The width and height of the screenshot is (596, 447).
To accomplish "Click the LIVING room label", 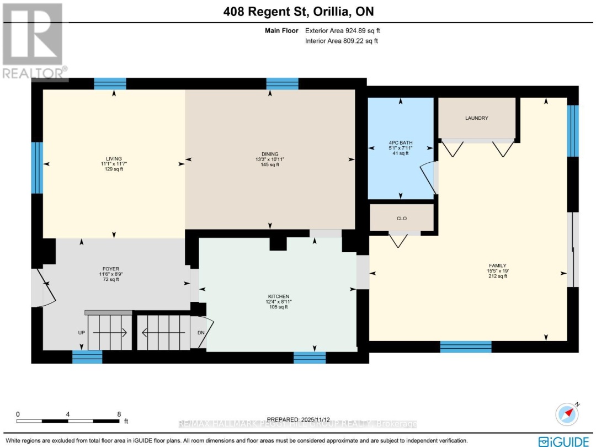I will tap(115, 158).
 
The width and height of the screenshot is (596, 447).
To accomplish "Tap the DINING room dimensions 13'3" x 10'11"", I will tap(270, 159).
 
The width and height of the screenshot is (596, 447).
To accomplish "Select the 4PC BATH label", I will tap(401, 143).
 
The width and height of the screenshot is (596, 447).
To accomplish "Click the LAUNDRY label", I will tap(477, 118).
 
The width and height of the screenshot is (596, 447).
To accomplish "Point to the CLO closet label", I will tap(402, 219).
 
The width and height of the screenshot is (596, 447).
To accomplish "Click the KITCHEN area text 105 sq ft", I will tap(278, 307).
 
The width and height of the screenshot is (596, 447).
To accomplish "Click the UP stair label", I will tap(81, 333).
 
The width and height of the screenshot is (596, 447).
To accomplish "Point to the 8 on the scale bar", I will tap(119, 414).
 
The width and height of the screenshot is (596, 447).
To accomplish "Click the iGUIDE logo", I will tap(566, 441).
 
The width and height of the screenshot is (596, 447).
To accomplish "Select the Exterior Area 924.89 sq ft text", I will tap(342, 31).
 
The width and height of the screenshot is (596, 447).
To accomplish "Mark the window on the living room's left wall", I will tap(36, 168).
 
